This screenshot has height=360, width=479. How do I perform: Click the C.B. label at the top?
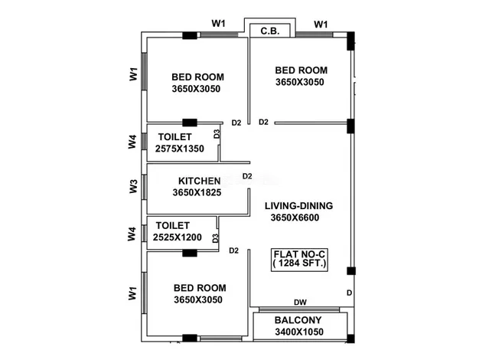point(270,31)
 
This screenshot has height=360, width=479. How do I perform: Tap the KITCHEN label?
point(200,181)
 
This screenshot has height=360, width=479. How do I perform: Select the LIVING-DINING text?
point(298,206)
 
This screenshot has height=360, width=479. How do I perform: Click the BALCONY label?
point(298,320)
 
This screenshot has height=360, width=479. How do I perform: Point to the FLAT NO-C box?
point(299,260)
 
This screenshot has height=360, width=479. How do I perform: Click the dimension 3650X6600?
point(295,218)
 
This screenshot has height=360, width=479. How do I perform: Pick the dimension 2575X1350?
point(180,149)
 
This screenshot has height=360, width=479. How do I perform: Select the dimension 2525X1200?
point(178,237)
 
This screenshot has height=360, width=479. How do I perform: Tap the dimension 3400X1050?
point(299,332)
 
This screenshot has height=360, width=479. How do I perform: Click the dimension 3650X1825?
point(197,192)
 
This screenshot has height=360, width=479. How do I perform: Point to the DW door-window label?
point(300,303)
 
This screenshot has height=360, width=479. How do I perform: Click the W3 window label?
point(133,186)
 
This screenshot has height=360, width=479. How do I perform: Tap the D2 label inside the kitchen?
point(247,176)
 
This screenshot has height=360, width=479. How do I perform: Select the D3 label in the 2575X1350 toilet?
point(217,134)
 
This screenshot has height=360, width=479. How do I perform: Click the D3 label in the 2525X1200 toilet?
point(215,238)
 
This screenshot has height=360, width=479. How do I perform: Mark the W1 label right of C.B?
point(321,25)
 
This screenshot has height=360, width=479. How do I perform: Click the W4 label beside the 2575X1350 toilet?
point(132,142)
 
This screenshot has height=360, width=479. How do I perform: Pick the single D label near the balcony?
point(349,293)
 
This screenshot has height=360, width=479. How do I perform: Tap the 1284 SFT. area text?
point(299,263)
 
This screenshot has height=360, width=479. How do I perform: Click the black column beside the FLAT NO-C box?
point(350,271)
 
